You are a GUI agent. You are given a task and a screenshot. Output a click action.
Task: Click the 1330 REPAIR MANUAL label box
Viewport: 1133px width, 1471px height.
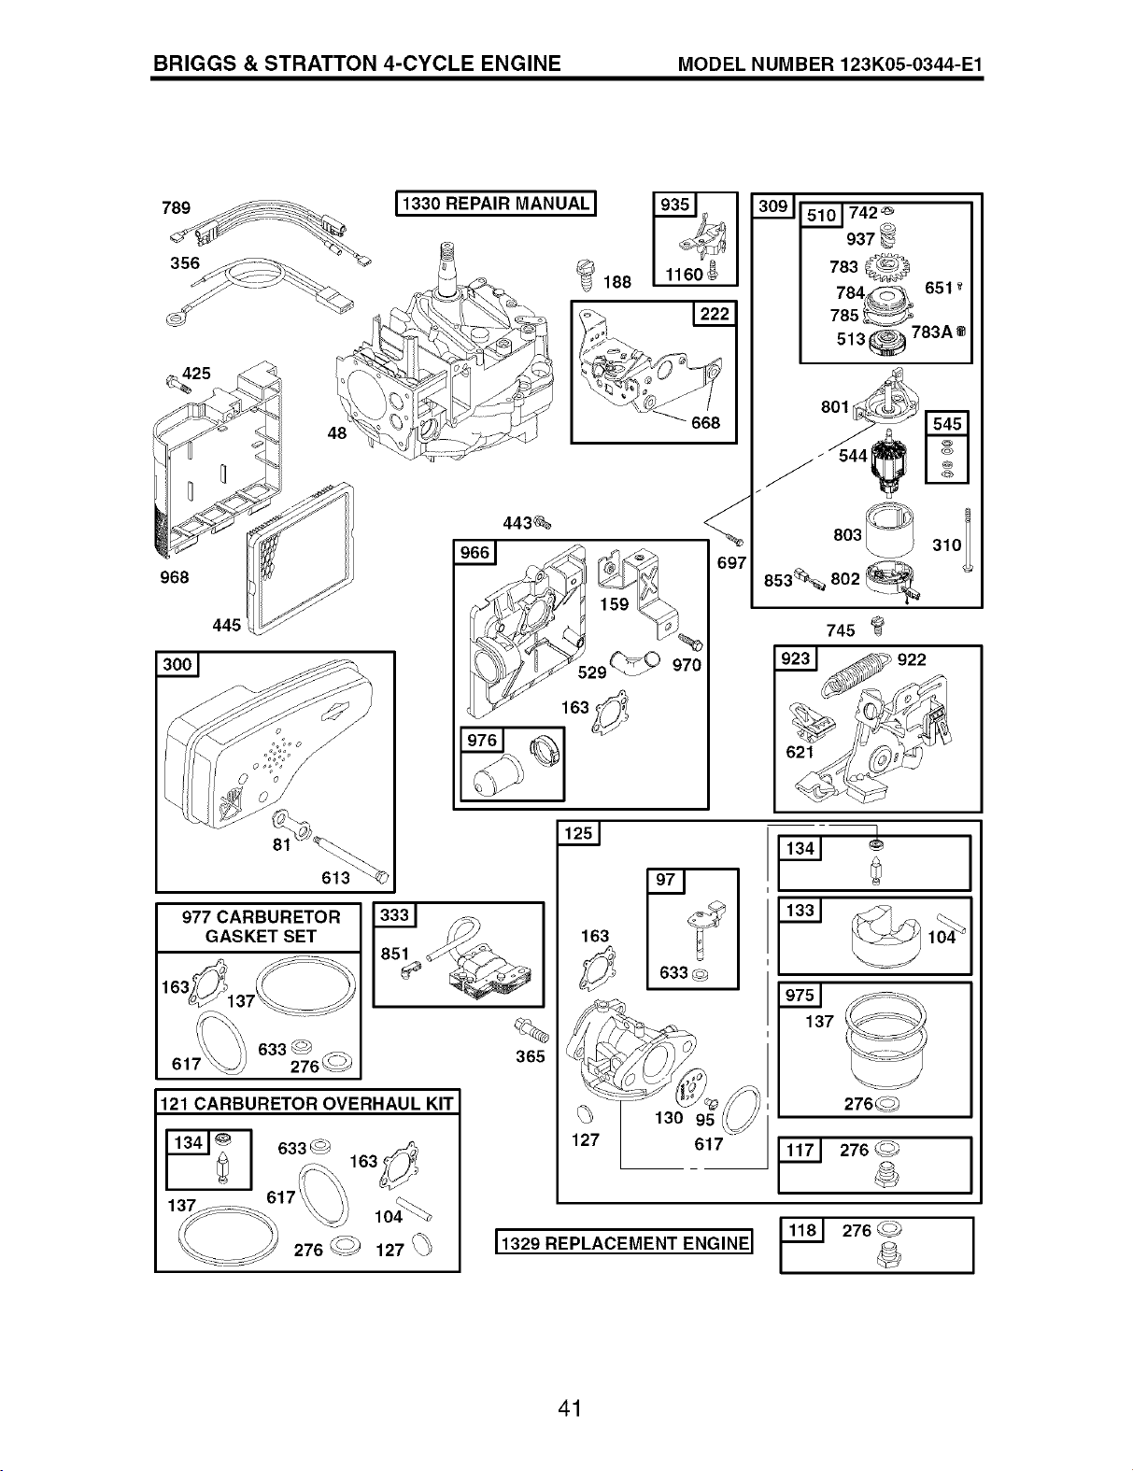pos(495,204)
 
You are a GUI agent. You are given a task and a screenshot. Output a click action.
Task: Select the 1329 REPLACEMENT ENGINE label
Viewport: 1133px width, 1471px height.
pos(624,1243)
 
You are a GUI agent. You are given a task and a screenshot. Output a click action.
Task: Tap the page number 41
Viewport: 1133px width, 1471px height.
pos(569,1408)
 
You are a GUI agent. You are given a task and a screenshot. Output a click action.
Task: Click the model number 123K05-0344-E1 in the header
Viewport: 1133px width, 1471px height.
pos(911,64)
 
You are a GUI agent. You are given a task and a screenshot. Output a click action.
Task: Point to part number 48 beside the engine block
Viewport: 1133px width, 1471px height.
pos(337,433)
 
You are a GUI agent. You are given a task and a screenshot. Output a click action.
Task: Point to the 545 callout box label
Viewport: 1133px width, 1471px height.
pos(947,424)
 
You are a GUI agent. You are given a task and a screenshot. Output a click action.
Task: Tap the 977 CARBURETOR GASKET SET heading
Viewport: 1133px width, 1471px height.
pos(261,926)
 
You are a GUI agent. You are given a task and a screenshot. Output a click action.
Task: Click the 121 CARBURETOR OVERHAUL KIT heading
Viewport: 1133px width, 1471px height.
pos(306,1103)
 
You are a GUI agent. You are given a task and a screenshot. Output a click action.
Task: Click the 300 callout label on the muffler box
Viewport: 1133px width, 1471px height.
pos(177,664)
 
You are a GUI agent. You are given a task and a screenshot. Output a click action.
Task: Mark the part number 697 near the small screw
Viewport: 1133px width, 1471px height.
pos(731,562)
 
